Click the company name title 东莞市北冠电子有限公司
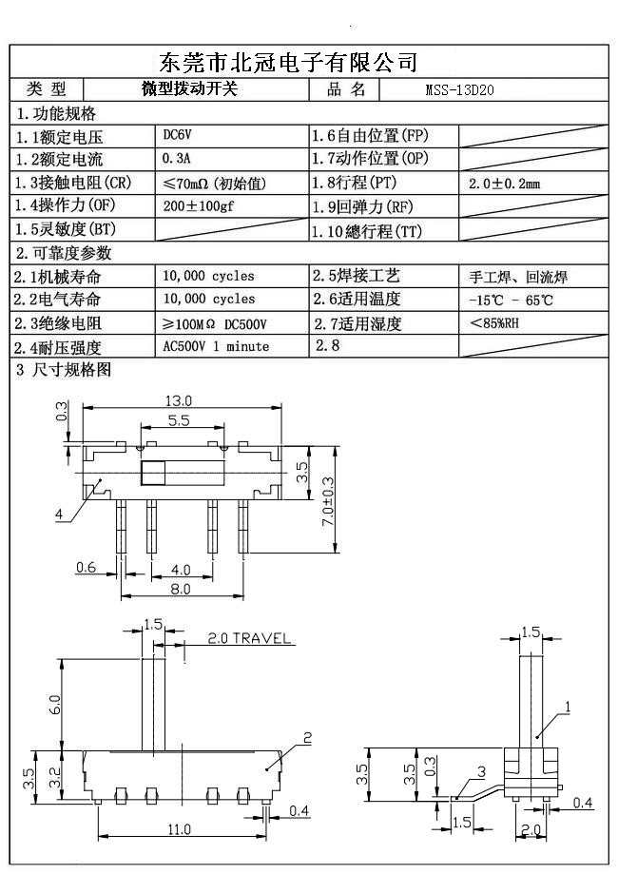click(288, 63)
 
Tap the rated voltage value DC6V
click(178, 135)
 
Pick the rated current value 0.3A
click(178, 158)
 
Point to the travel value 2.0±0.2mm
click(504, 183)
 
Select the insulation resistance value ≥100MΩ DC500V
click(215, 323)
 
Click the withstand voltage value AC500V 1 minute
click(216, 346)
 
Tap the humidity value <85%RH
click(494, 323)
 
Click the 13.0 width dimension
click(178, 400)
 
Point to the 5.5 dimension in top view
click(178, 419)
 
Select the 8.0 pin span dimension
click(180, 589)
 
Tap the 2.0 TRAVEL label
click(248, 638)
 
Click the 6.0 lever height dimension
click(56, 704)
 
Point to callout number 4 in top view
click(59, 515)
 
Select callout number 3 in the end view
click(482, 771)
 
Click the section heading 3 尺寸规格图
click(64, 369)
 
